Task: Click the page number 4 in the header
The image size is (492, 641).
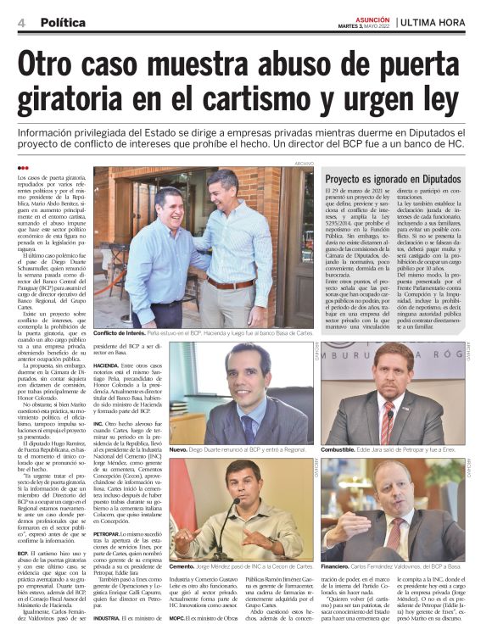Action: (20, 22)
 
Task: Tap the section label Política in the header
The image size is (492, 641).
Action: (62, 22)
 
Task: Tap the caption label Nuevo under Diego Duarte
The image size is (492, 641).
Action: (178, 450)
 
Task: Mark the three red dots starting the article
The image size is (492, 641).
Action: (22, 167)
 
